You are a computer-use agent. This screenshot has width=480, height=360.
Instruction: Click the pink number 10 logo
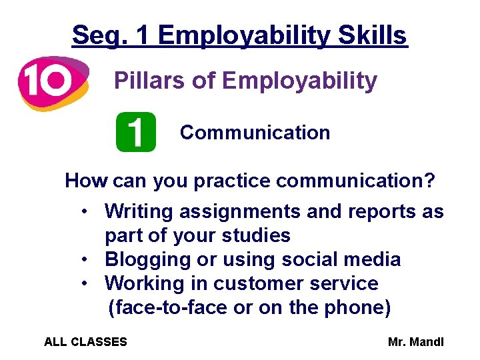52,82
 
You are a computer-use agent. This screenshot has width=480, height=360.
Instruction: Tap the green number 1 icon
135,132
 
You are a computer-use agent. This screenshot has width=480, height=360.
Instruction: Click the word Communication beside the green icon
255,133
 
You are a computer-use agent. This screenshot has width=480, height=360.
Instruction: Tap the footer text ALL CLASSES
85,342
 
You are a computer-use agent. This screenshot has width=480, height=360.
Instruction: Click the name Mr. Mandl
416,342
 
